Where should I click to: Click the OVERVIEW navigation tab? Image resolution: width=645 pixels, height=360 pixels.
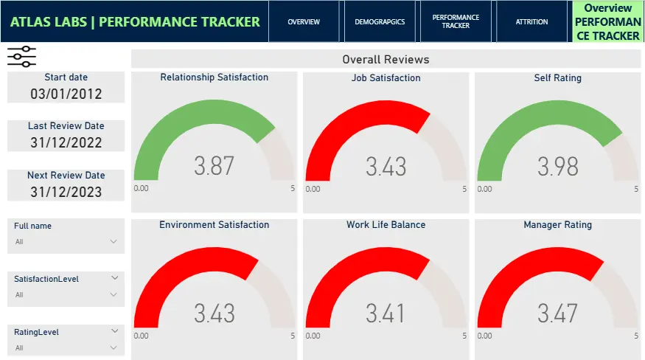[304, 22]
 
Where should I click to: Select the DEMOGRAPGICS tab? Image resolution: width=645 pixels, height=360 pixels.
[380, 22]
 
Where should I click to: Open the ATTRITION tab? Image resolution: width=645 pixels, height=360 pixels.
[531, 22]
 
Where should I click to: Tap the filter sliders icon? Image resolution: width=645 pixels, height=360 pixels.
[21, 57]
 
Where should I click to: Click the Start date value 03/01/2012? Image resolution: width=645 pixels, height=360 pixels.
[66, 94]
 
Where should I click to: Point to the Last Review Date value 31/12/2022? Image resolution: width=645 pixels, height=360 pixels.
[66, 143]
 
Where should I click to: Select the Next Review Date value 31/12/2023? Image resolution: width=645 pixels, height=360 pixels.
[66, 192]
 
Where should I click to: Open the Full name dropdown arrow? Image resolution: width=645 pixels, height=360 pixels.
[114, 241]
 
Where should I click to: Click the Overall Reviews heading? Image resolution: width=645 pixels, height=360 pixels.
[385, 59]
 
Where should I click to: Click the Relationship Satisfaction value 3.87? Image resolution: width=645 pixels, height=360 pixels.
[214, 166]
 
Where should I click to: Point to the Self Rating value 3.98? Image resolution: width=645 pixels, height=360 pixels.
[557, 166]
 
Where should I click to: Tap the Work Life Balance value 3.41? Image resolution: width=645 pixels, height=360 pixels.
[386, 314]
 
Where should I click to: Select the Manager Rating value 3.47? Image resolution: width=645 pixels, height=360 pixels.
[557, 314]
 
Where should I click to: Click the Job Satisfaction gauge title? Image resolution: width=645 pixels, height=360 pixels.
[386, 77]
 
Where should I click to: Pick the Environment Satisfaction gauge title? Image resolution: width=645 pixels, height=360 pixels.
[214, 225]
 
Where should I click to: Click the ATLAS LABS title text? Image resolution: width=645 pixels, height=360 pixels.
[135, 21]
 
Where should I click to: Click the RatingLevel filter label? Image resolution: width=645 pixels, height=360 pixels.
[37, 332]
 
